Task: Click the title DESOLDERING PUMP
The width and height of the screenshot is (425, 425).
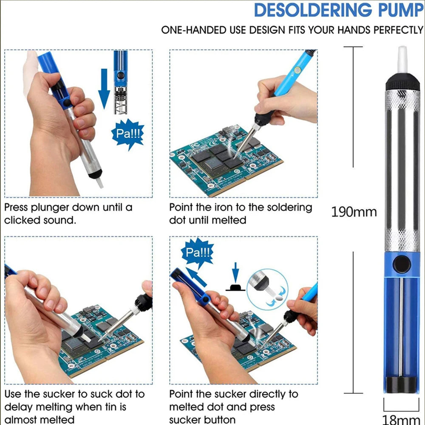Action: (x=338, y=10)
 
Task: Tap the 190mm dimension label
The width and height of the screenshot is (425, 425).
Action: (x=354, y=212)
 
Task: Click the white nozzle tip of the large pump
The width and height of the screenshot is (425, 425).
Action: (x=402, y=59)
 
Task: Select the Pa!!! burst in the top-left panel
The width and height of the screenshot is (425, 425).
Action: (x=127, y=135)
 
